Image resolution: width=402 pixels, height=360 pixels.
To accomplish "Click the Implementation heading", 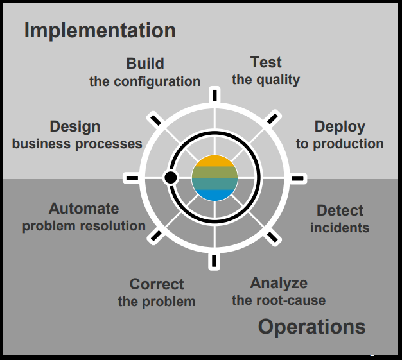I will pyautogui.click(x=100, y=30).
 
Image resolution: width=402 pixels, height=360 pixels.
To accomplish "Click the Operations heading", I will pyautogui.click(x=311, y=327).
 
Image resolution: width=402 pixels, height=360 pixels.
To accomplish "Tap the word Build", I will pyautogui.click(x=145, y=64).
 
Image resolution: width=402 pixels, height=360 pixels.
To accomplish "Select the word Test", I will pyautogui.click(x=266, y=62).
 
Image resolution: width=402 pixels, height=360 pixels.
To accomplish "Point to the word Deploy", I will pyautogui.click(x=340, y=126).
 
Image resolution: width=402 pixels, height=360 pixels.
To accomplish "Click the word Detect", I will pyautogui.click(x=340, y=210).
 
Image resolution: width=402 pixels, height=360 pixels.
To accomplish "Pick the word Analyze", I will pyautogui.click(x=279, y=283).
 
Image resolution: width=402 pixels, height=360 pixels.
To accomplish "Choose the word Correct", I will pyautogui.click(x=157, y=284).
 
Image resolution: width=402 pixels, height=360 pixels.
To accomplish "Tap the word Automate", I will pyautogui.click(x=83, y=209).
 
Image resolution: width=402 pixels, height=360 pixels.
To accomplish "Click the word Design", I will pyautogui.click(x=75, y=126).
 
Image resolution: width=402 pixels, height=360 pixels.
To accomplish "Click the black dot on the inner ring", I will pyautogui.click(x=170, y=177).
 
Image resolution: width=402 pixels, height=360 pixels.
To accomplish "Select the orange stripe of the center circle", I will pyautogui.click(x=214, y=161).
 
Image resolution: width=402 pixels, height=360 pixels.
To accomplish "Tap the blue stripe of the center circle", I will pyautogui.click(x=214, y=195).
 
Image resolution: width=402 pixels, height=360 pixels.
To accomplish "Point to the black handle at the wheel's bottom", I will pyautogui.click(x=214, y=261).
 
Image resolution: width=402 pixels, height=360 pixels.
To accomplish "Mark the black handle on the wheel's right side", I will pyautogui.click(x=298, y=178).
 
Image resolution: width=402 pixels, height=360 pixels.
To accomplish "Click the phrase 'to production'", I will pyautogui.click(x=340, y=144).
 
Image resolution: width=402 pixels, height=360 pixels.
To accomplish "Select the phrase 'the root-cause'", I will pyautogui.click(x=279, y=300).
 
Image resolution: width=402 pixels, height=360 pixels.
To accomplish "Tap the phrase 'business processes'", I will pyautogui.click(x=77, y=144).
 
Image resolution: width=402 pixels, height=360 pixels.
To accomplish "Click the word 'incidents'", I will pyautogui.click(x=340, y=228).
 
